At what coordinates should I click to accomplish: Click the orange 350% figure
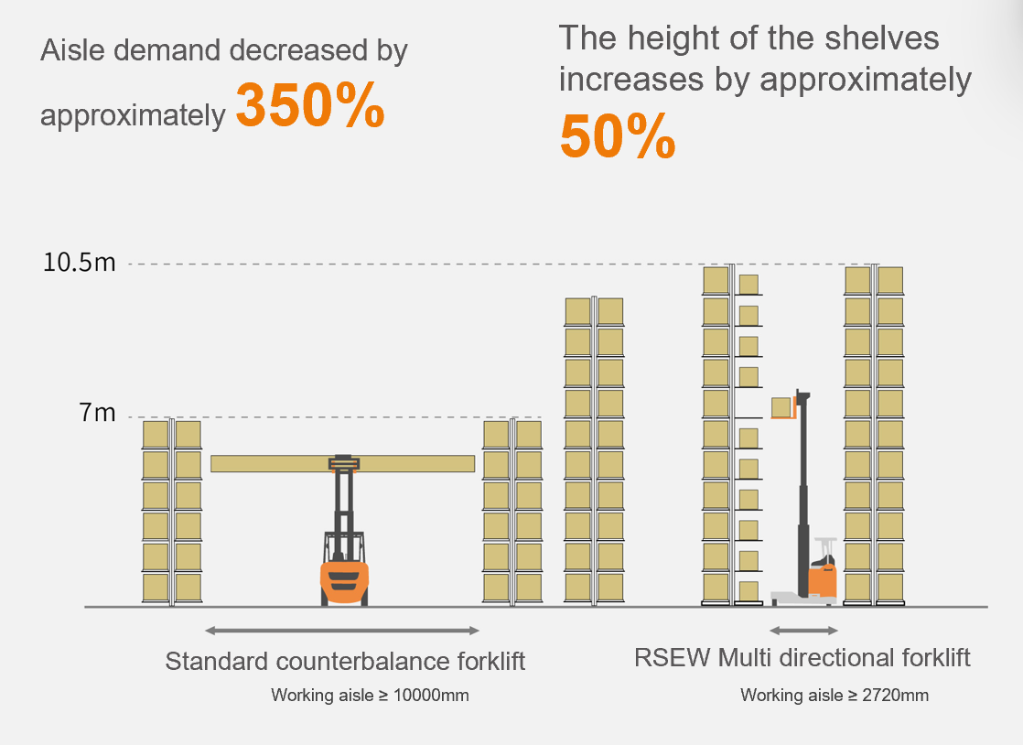pyautogui.click(x=310, y=106)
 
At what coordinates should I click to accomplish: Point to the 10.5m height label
pyautogui.click(x=80, y=264)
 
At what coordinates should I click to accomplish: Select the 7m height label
pyautogui.click(x=98, y=414)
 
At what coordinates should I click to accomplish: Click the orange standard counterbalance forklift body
pyautogui.click(x=343, y=580)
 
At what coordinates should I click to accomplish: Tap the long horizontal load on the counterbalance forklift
pyautogui.click(x=342, y=464)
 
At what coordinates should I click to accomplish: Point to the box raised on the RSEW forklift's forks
pyautogui.click(x=781, y=407)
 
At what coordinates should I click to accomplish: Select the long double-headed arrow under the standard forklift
pyautogui.click(x=342, y=631)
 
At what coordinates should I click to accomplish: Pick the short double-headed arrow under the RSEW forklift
pyautogui.click(x=803, y=631)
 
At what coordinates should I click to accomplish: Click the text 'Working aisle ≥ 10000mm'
pyautogui.click(x=370, y=696)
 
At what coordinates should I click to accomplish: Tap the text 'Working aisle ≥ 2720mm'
pyautogui.click(x=834, y=696)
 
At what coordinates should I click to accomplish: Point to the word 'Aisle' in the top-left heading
pyautogui.click(x=69, y=50)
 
